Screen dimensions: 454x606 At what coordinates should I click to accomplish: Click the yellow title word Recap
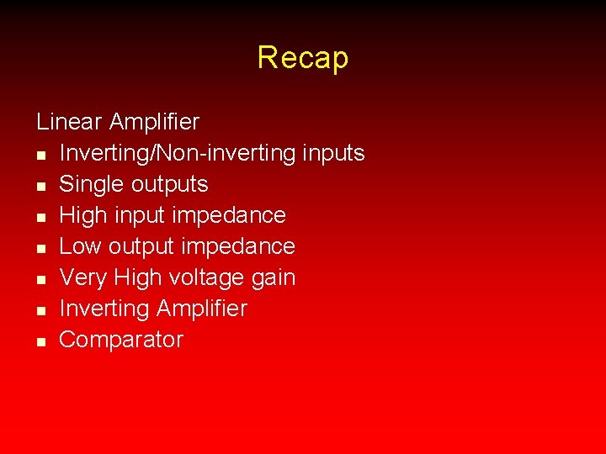click(x=302, y=57)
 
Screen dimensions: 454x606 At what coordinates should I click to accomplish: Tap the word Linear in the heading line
click(x=69, y=122)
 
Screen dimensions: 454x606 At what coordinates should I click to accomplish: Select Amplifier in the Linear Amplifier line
click(x=154, y=122)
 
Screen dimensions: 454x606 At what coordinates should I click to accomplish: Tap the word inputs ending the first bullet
click(x=333, y=153)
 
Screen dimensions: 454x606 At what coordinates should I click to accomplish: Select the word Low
click(x=79, y=246)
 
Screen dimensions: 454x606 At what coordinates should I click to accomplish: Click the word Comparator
click(x=121, y=340)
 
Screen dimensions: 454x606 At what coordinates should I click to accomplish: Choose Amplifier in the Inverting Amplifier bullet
click(x=201, y=309)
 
